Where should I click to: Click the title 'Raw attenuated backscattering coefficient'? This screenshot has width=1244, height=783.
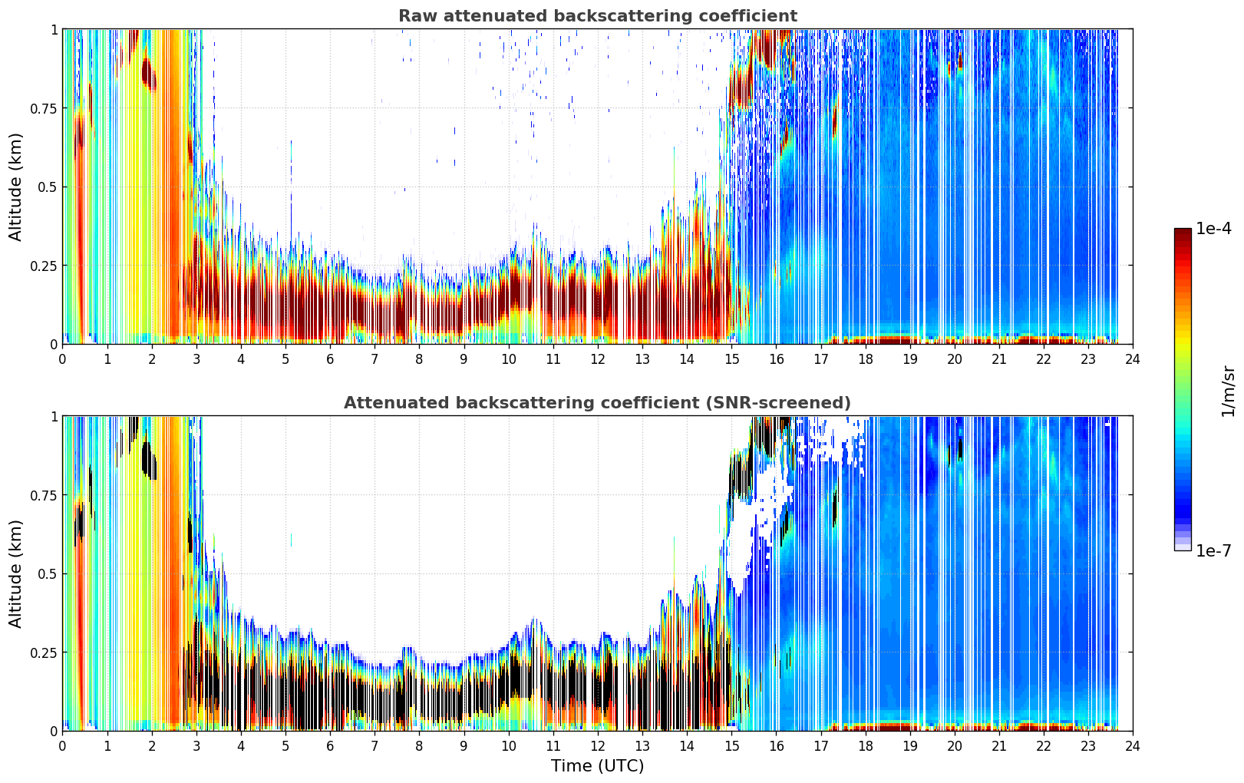point(598,16)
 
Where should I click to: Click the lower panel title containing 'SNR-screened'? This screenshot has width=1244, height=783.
point(598,402)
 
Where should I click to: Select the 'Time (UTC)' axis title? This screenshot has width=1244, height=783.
point(598,766)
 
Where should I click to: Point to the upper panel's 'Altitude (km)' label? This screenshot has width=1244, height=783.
point(15,187)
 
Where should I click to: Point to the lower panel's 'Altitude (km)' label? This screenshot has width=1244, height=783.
point(15,573)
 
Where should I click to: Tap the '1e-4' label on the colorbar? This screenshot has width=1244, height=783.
point(1213,228)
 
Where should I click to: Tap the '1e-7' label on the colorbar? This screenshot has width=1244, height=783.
point(1213,551)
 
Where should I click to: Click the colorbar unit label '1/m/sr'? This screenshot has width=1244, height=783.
point(1228,391)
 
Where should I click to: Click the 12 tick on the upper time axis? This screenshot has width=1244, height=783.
point(598,359)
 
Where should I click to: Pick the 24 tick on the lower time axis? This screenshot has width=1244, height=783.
point(1133,746)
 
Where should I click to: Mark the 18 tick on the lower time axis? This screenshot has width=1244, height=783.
point(865,746)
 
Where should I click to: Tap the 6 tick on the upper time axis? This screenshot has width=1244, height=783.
point(330,359)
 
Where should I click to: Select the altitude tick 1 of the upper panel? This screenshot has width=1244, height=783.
point(54,29)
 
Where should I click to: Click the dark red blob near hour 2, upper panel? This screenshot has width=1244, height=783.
point(148,73)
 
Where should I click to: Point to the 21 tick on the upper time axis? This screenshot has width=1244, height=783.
point(999,359)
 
